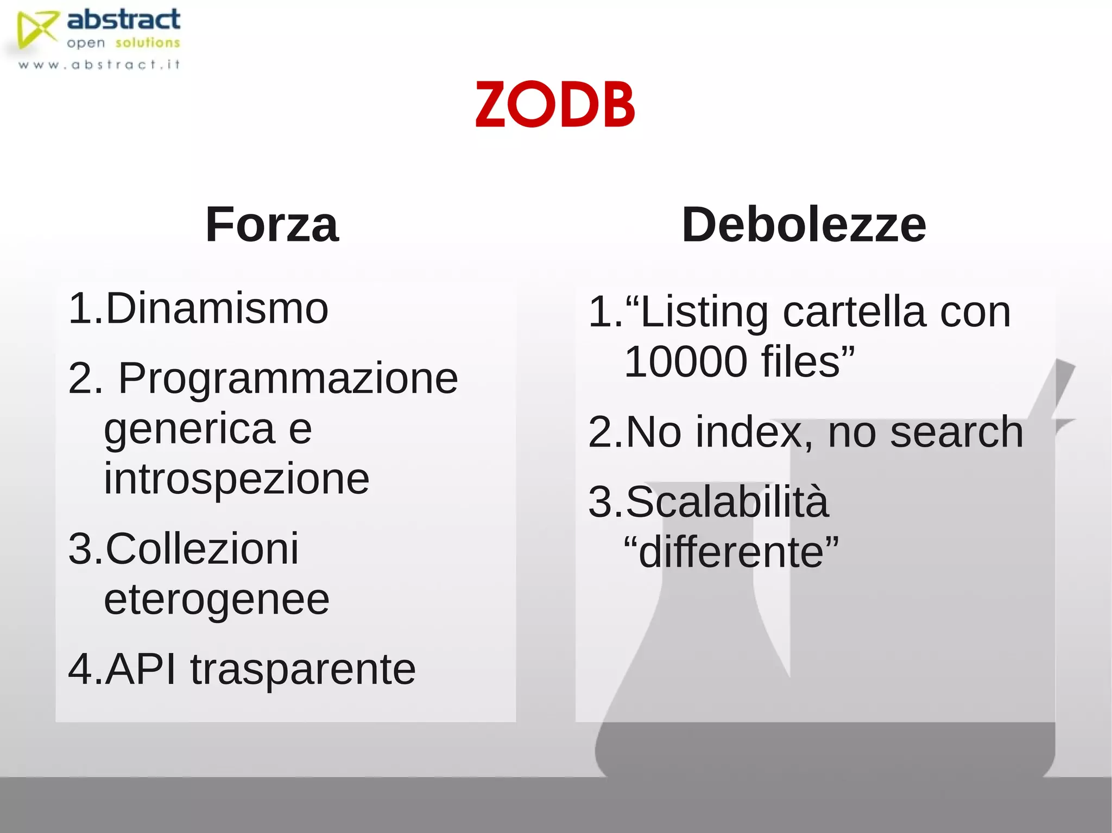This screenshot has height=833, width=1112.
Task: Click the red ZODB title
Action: [x=555, y=104]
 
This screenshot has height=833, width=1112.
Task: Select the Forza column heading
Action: [x=272, y=225]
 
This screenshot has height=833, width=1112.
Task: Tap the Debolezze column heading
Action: [x=804, y=225]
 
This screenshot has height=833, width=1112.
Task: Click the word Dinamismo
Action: [x=217, y=308]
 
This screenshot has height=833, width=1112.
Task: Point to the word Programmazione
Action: [x=288, y=378]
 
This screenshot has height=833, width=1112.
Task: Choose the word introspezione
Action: [x=236, y=479]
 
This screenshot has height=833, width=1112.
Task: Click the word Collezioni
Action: [x=202, y=549]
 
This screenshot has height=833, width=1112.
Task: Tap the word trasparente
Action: [x=303, y=669]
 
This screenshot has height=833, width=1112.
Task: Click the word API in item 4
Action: [x=141, y=669]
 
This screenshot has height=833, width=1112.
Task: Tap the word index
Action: [x=755, y=433]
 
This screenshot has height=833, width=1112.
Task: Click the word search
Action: [x=957, y=433]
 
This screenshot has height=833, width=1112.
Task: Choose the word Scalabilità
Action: [x=728, y=502]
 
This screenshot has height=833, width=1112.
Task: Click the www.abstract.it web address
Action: [x=99, y=65]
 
